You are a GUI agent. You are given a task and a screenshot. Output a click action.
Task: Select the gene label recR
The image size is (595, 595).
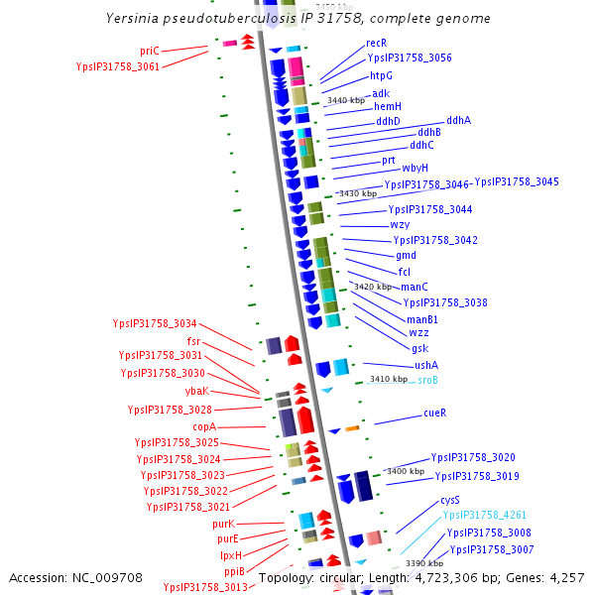(x=376, y=43)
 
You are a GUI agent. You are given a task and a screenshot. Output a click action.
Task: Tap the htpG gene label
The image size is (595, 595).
(x=381, y=75)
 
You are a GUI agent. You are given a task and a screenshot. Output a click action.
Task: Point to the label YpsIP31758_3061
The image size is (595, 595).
(x=117, y=66)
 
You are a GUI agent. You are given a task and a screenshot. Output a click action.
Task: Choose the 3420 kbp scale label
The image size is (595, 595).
(x=373, y=287)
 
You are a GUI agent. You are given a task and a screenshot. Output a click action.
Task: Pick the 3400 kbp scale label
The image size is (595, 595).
(x=406, y=471)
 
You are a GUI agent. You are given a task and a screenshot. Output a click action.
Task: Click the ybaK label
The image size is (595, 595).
(x=197, y=391)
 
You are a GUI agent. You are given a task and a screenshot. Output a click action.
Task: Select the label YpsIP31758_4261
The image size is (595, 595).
(x=485, y=516)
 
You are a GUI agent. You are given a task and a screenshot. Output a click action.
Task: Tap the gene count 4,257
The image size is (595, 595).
(x=564, y=577)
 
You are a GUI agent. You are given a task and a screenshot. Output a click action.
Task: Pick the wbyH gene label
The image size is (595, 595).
(x=415, y=168)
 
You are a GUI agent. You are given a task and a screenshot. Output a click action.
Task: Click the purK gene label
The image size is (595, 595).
(x=223, y=523)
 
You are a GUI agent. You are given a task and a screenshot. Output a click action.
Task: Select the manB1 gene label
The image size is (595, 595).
(x=422, y=319)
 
